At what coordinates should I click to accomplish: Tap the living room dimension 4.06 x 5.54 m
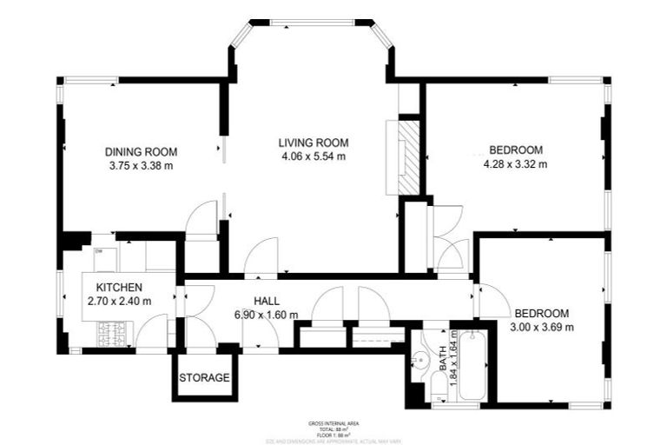[314, 157]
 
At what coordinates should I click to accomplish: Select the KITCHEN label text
[119, 288]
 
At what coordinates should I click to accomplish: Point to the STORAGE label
[204, 378]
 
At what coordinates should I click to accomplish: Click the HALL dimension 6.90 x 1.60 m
[267, 315]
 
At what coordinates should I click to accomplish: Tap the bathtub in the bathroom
[473, 365]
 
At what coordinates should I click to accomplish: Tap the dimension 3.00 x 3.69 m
[541, 327]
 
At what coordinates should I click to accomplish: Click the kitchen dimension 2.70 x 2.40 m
[119, 302]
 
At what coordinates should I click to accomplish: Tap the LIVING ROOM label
[314, 143]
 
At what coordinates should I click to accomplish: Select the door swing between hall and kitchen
[194, 300]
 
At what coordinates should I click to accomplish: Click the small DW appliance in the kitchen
[99, 252]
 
